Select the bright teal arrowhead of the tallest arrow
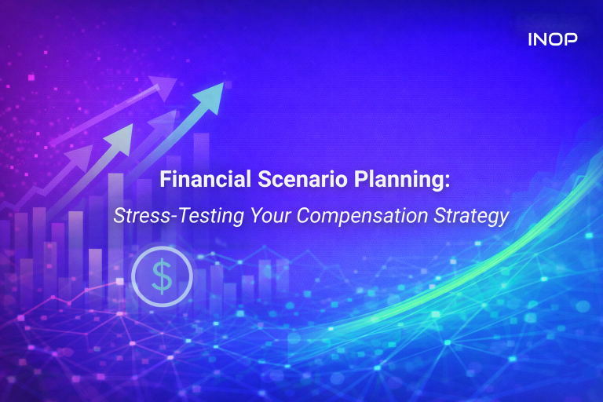[211, 88]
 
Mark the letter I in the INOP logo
[532, 38]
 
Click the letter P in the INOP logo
[573, 38]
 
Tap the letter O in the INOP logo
[558, 38]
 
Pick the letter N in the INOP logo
[543, 38]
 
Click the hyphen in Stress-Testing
[155, 216]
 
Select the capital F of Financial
[166, 181]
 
